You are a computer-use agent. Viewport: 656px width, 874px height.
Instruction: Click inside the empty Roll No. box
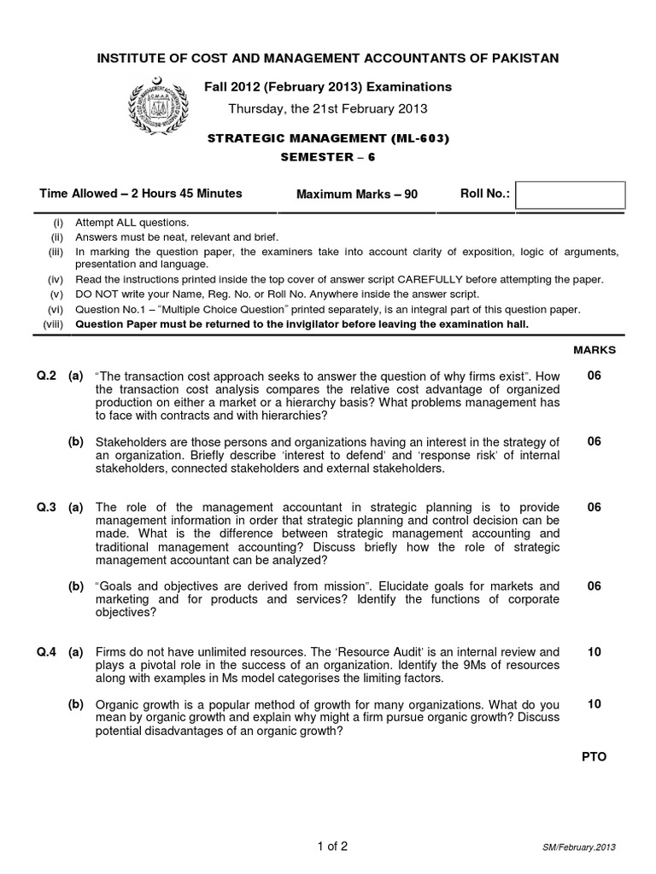pos(571,195)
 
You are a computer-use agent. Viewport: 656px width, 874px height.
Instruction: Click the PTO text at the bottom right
pos(594,756)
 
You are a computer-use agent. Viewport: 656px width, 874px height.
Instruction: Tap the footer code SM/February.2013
pos(578,848)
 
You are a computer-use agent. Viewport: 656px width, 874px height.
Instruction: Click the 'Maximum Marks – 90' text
pos(356,195)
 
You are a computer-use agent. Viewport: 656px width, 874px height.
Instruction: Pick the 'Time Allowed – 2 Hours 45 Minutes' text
pos(140,194)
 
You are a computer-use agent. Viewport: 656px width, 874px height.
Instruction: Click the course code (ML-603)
pos(419,138)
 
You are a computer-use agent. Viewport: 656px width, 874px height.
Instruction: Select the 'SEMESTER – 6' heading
pos(328,158)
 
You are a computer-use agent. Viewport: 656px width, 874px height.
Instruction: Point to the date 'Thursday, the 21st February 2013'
pos(329,108)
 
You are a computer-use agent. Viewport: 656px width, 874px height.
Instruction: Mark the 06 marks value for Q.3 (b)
pos(594,586)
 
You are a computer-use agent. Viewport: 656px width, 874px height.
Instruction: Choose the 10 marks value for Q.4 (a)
pos(594,652)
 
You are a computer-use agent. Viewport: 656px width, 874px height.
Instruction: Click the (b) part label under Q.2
pos(76,441)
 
